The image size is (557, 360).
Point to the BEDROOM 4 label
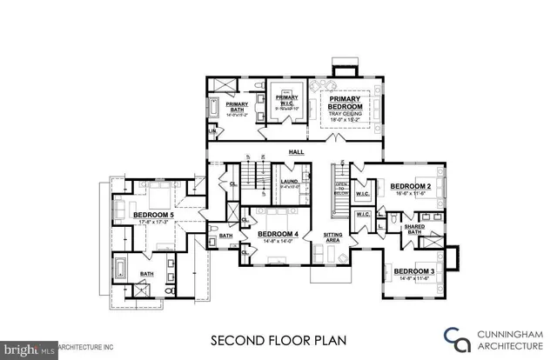click(278, 234)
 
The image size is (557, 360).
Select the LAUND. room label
click(290, 181)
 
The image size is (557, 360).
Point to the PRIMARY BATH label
click(238, 108)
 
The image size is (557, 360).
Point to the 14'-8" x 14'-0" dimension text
click(278, 243)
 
